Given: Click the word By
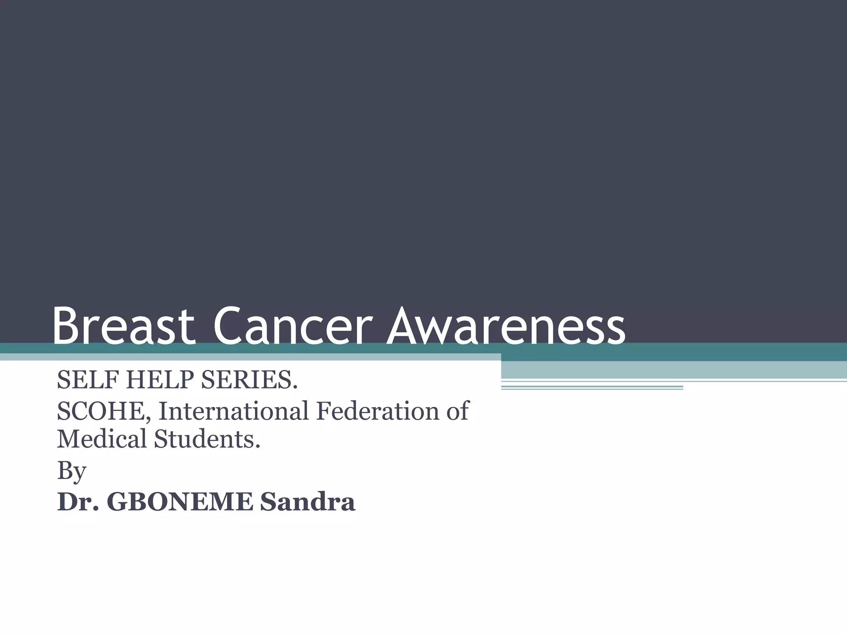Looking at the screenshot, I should pyautogui.click(x=71, y=470).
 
